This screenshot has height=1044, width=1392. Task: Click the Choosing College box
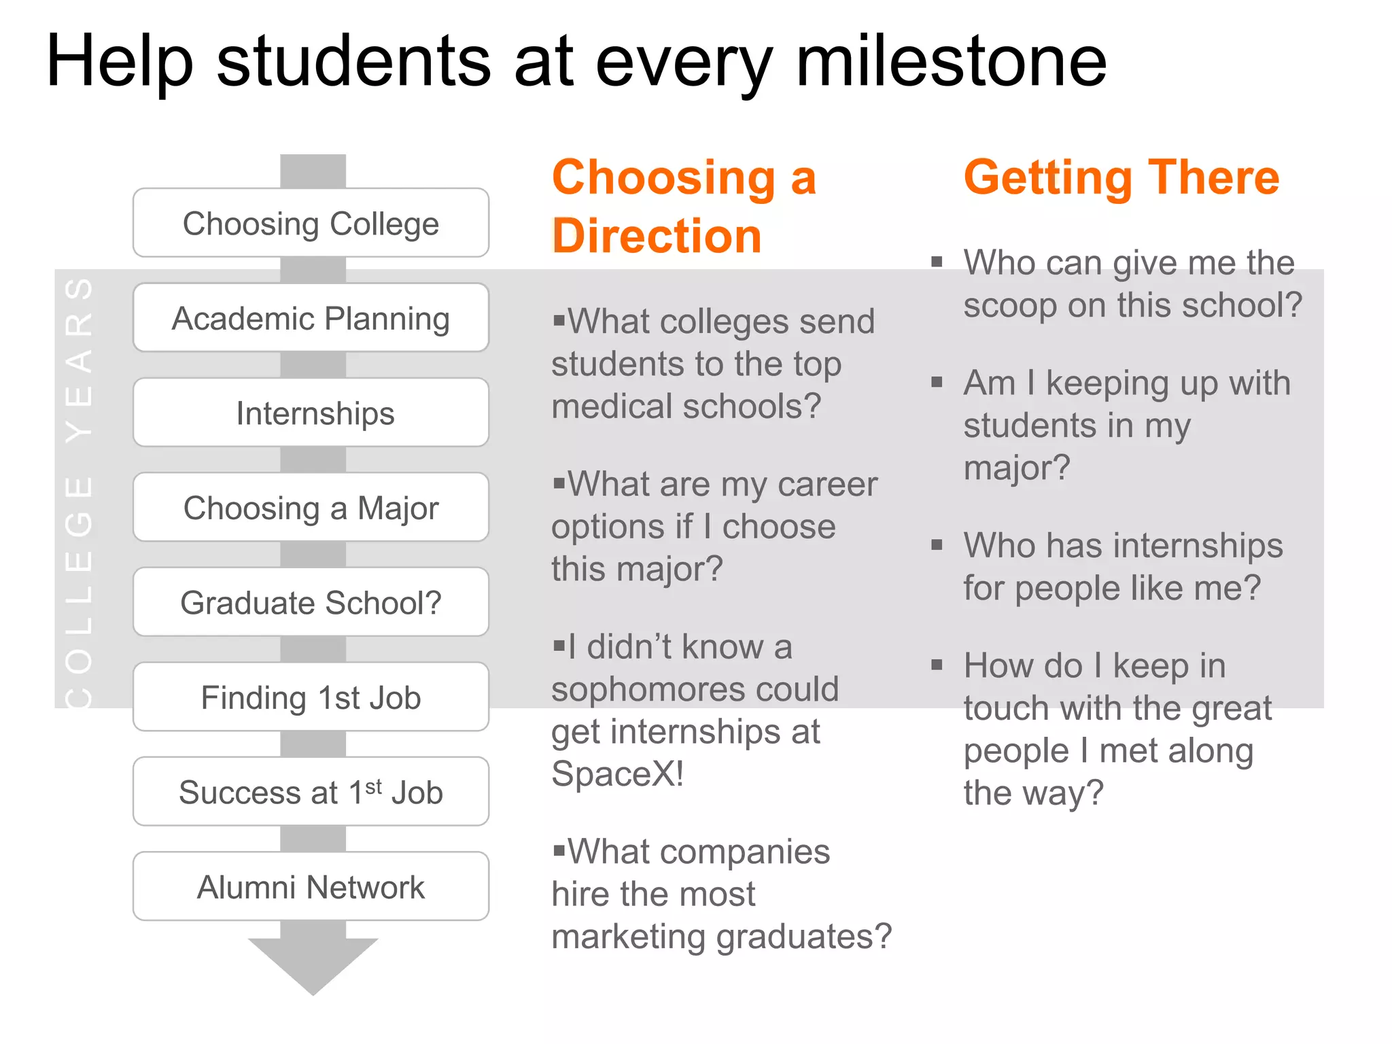point(311,223)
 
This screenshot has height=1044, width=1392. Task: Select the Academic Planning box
point(311,318)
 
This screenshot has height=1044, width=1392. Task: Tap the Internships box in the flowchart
point(311,413)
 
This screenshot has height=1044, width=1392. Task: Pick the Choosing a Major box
point(311,508)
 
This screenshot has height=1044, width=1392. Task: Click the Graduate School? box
point(311,602)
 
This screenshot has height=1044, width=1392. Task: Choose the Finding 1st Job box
point(311,697)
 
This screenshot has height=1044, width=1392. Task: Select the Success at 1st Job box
point(311,792)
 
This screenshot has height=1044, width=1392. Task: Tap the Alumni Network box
point(311,886)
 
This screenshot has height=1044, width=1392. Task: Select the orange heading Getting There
point(1121,177)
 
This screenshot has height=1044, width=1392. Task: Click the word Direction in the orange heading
point(657,237)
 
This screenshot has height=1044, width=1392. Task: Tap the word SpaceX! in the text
point(617,773)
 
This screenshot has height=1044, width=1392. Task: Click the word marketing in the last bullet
point(629,937)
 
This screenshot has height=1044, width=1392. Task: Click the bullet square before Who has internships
point(937,544)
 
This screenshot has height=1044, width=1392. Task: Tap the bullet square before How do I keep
point(937,665)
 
